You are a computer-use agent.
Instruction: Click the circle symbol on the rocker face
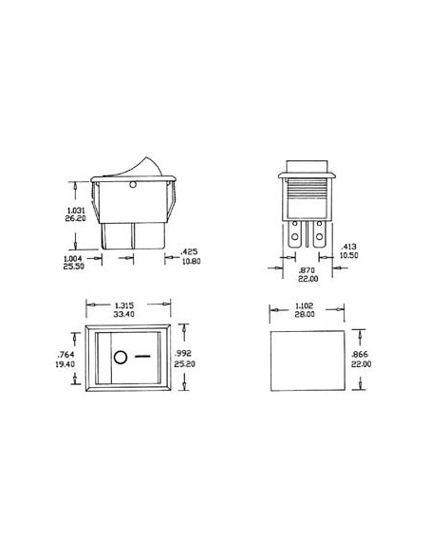121,358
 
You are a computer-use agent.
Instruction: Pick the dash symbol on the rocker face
143,358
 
